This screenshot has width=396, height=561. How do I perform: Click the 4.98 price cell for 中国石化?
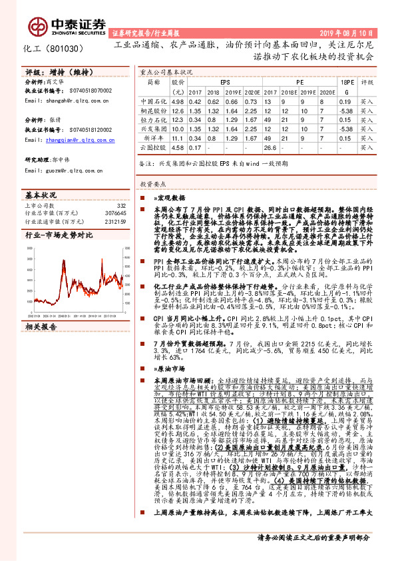coord(177,101)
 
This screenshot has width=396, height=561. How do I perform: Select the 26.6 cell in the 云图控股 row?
coord(270,147)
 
